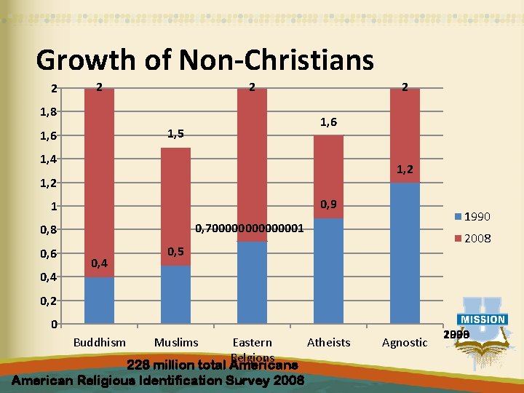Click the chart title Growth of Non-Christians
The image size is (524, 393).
click(205, 60)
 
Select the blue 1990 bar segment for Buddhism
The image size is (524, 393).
click(99, 300)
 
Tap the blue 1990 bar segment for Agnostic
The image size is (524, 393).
click(405, 253)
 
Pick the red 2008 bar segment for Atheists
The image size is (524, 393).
click(328, 176)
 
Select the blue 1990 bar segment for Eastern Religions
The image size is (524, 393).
click(252, 282)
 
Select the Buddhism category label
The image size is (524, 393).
click(100, 342)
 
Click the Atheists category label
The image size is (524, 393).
click(328, 342)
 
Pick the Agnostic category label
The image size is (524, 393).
click(405, 342)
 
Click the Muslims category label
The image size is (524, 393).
click(176, 342)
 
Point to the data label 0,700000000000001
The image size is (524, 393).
click(249, 229)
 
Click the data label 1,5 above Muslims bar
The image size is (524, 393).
click(175, 133)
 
